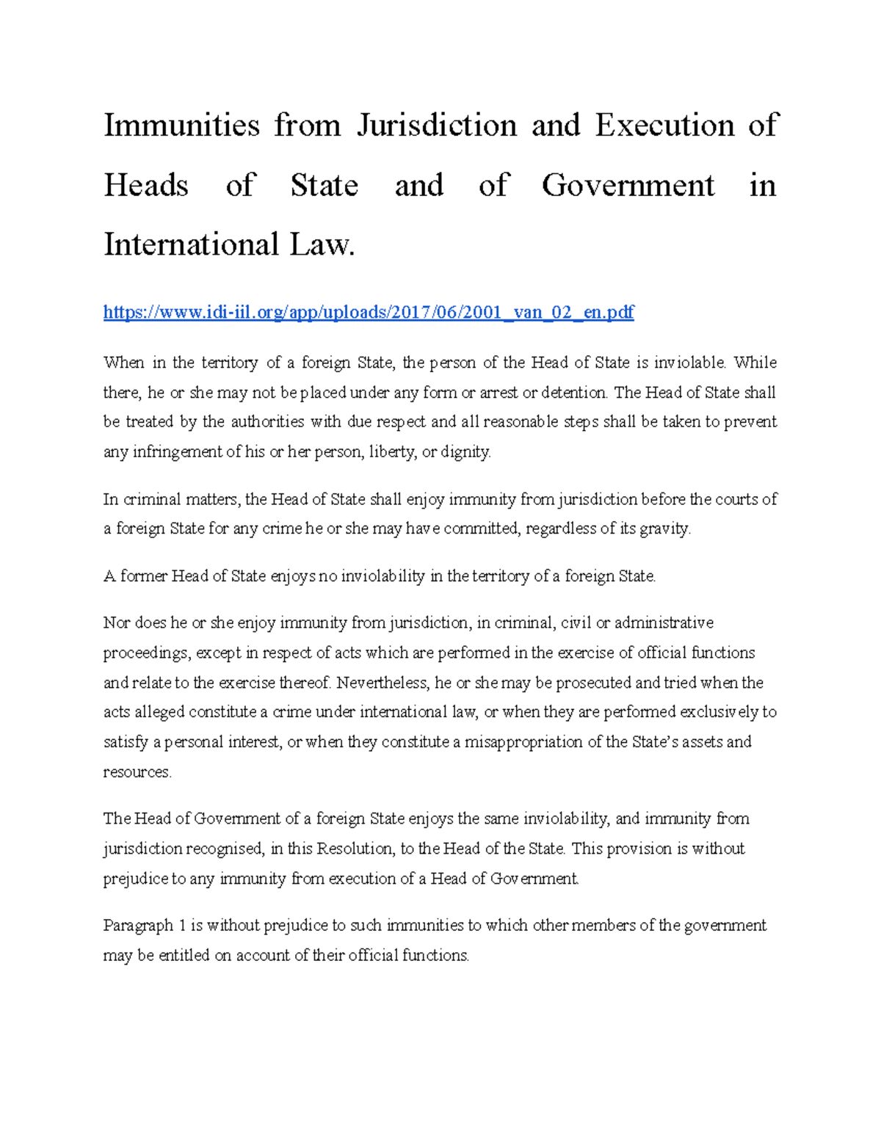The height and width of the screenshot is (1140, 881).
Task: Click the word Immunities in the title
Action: [x=181, y=125]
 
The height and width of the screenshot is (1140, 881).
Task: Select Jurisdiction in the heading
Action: [x=437, y=125]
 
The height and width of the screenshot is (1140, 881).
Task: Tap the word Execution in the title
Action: [x=664, y=125]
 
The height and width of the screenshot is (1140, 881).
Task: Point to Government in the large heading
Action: [x=628, y=185]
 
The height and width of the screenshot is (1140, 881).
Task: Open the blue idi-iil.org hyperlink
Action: [x=369, y=312]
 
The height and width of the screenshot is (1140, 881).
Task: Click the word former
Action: [x=144, y=576]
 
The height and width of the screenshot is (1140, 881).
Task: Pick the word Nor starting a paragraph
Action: [x=117, y=623]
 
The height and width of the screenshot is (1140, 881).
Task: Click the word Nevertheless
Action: [x=383, y=683]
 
